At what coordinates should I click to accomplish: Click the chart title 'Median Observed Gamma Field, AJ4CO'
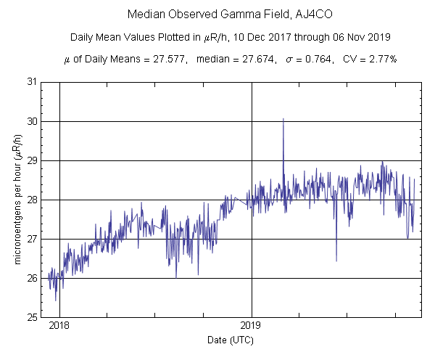click(x=217, y=15)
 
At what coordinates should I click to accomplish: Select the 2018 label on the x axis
click(x=59, y=326)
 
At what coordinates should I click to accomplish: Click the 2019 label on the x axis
click(x=252, y=326)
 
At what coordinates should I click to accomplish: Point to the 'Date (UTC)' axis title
click(x=230, y=340)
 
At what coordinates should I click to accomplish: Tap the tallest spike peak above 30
click(x=283, y=118)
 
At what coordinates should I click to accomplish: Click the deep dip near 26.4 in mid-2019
click(x=336, y=260)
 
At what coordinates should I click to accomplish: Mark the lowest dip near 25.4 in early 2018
click(x=56, y=300)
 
